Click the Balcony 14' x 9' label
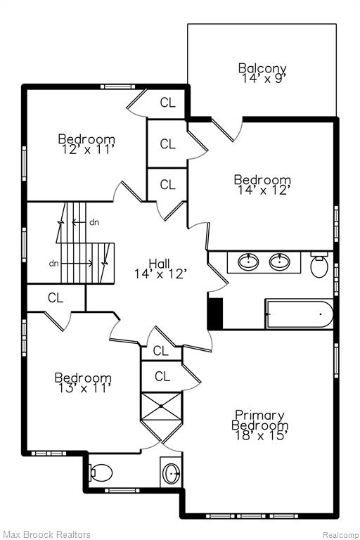[262, 73]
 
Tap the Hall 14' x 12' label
[160, 269]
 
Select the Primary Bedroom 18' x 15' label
[259, 425]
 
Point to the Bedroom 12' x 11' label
[86, 144]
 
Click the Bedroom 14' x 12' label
[262, 185]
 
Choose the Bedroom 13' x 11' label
[83, 382]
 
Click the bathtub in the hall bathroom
[299, 314]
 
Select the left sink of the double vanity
[248, 262]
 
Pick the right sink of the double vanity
[280, 262]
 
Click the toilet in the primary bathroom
[101, 472]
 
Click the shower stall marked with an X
[161, 406]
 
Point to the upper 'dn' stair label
[94, 222]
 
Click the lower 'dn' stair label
[53, 264]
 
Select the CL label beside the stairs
[56, 297]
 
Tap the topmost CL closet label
[167, 102]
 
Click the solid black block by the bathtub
[215, 314]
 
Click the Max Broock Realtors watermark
[46, 534]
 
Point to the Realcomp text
[340, 535]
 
